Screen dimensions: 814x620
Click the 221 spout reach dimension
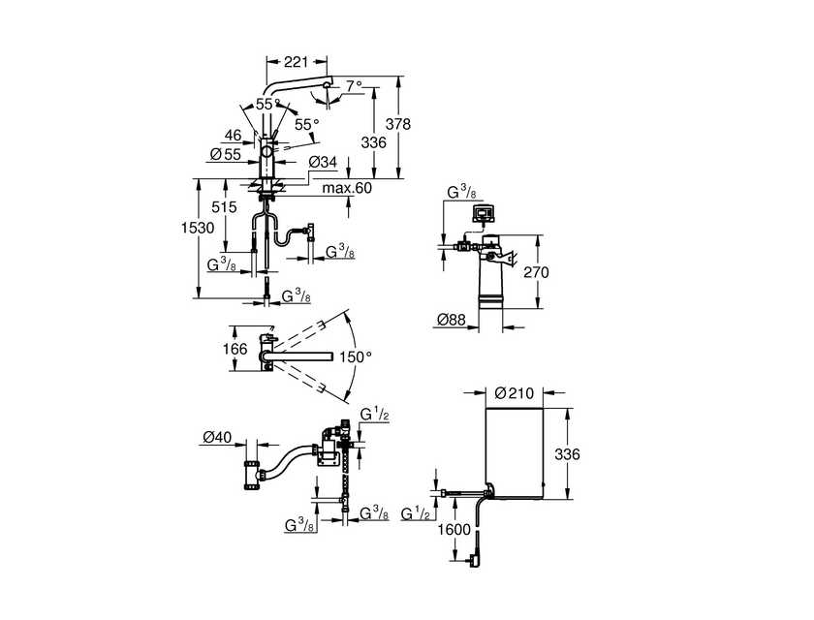tap(296, 62)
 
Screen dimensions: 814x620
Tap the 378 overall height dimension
tap(398, 124)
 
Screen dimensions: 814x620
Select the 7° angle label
tap(354, 85)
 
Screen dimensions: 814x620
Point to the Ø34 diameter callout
tap(323, 163)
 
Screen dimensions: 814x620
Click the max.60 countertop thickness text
tap(347, 187)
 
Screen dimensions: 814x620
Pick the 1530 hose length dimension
tap(198, 228)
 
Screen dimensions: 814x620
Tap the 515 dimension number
tap(224, 207)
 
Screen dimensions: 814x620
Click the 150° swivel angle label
tap(357, 356)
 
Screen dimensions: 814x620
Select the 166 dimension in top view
tap(235, 349)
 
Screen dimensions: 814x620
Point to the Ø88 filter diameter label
tap(452, 320)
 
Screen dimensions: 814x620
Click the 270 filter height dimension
tap(536, 272)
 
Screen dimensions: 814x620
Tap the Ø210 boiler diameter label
tap(514, 393)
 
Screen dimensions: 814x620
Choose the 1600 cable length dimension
tap(454, 530)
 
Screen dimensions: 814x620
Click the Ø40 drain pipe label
tap(217, 437)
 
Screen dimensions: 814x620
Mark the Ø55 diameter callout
tap(226, 154)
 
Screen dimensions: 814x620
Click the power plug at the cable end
tap(474, 561)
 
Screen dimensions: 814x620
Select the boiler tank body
tap(514, 452)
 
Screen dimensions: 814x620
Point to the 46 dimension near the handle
tap(234, 136)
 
